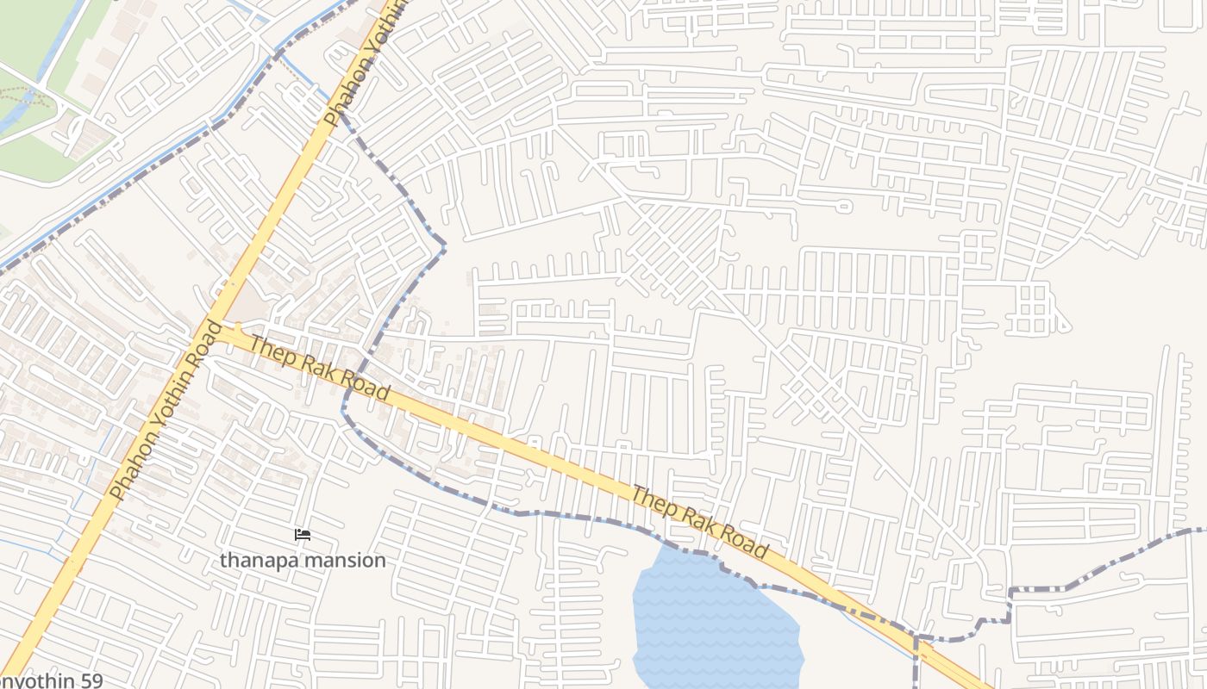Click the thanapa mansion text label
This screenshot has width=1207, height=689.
tap(303, 560)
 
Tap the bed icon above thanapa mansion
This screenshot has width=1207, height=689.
tap(303, 535)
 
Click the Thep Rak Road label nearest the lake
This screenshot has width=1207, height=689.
tap(699, 522)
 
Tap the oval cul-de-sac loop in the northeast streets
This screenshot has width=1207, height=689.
tap(843, 205)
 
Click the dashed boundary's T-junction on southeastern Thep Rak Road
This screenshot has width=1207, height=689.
tap(916, 638)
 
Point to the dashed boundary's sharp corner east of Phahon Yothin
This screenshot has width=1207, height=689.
tap(444, 246)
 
